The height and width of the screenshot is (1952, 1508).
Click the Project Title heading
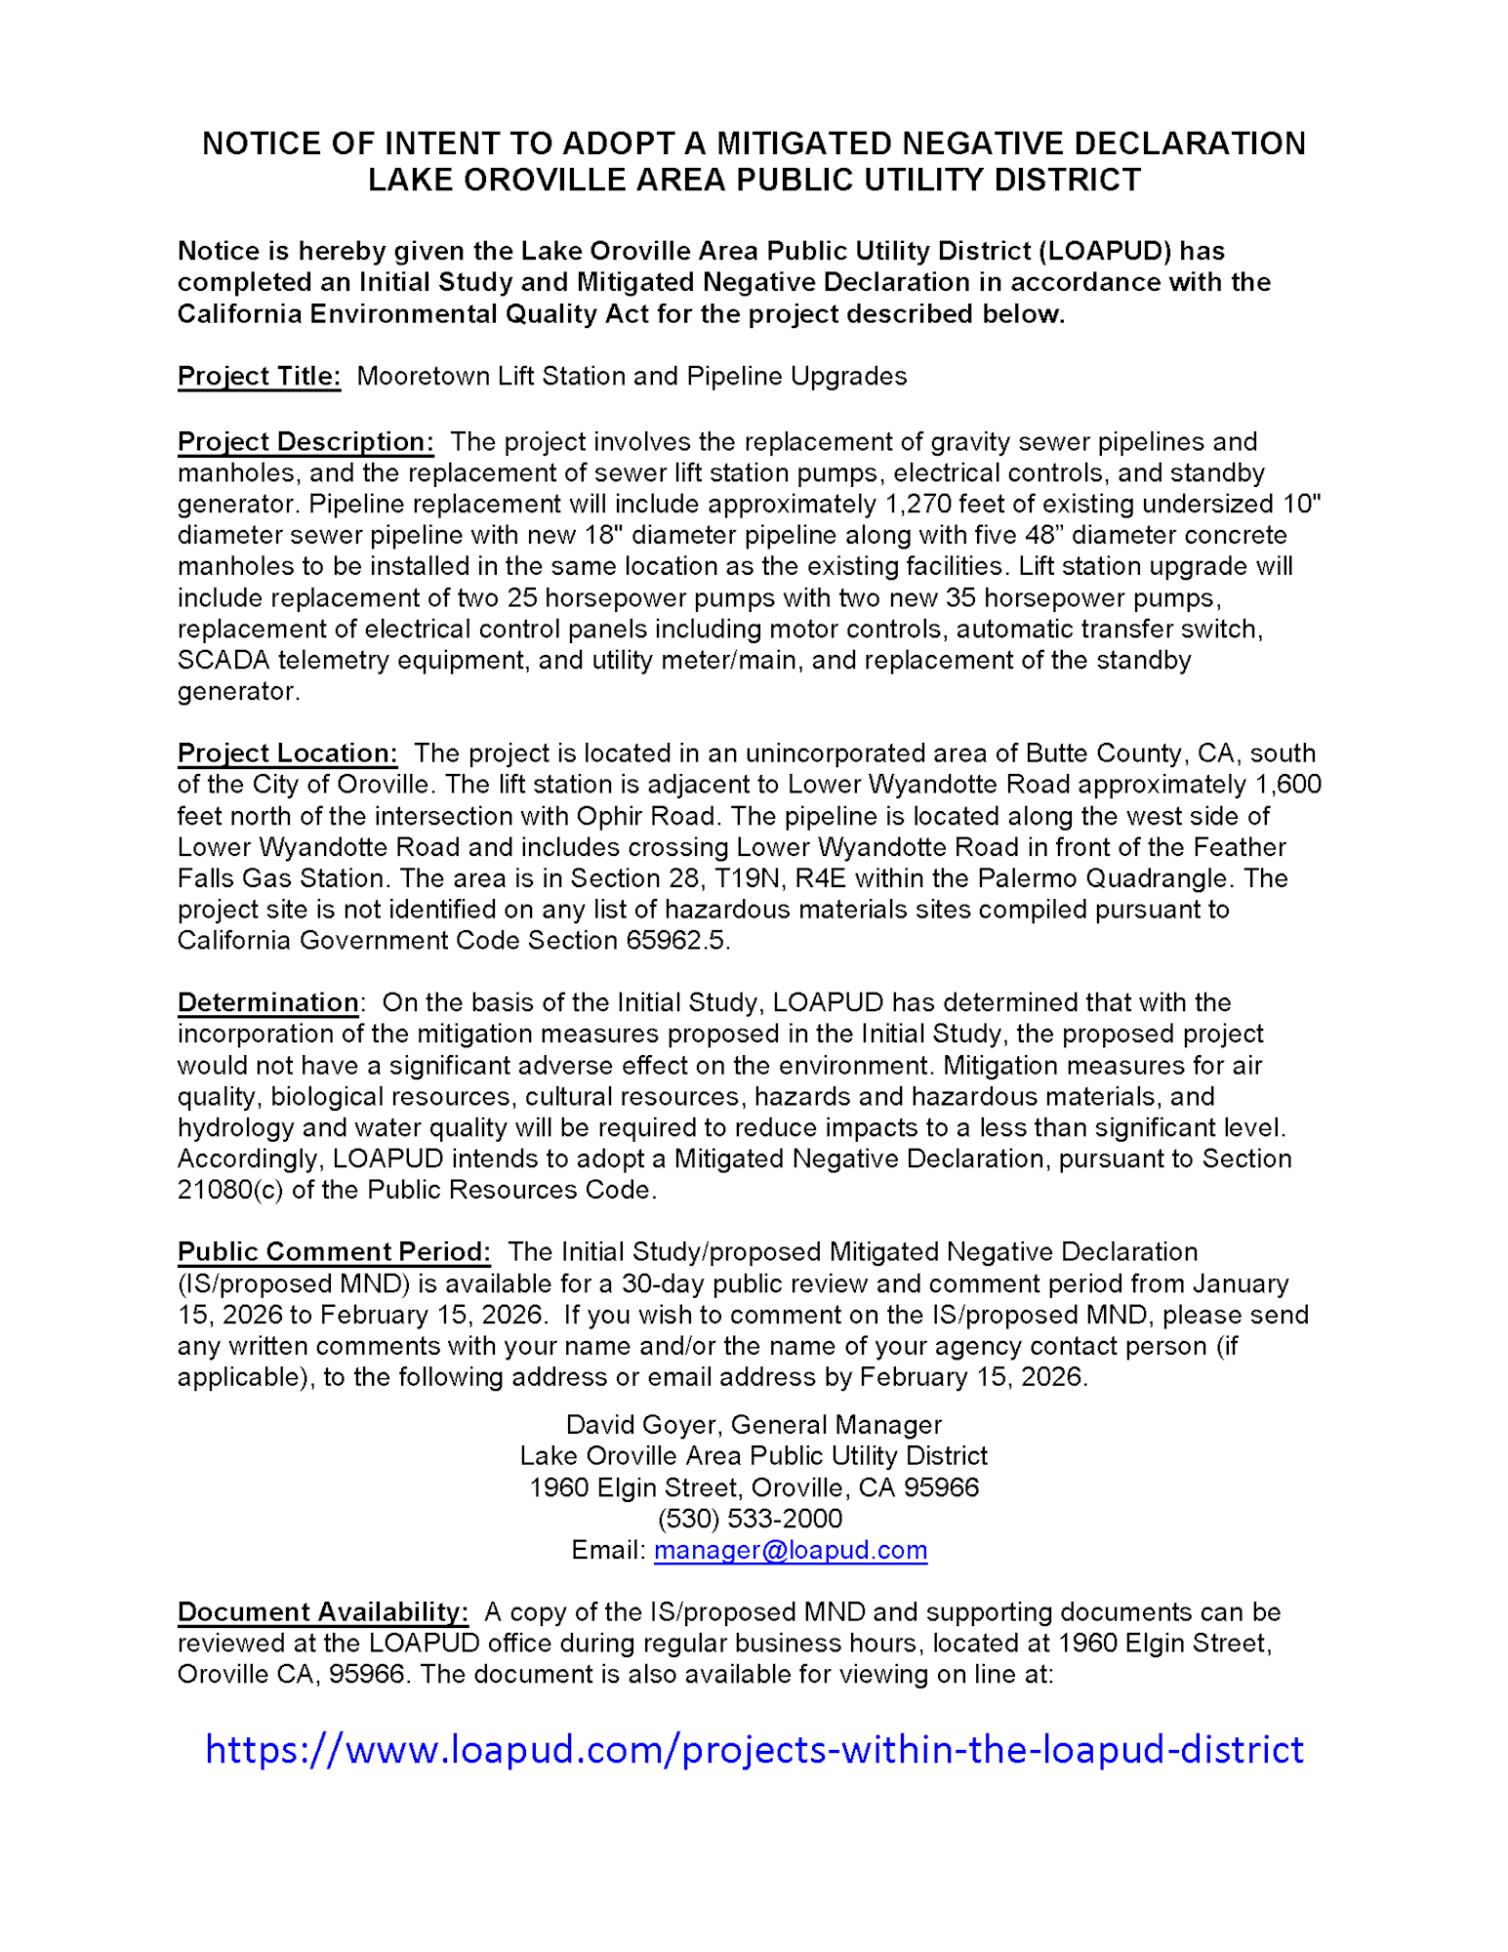(259, 377)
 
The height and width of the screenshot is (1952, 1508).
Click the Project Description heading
(305, 442)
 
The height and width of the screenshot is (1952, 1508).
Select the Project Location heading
(287, 753)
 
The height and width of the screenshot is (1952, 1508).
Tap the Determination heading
(267, 1002)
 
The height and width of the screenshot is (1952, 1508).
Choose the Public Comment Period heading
(333, 1252)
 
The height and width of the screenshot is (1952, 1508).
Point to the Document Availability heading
(322, 1611)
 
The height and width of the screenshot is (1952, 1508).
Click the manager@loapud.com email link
(790, 1550)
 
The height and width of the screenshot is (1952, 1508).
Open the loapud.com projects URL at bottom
(754, 1749)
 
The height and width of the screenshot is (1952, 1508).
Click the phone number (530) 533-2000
(750, 1519)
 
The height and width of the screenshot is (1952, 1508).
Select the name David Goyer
(643, 1425)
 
